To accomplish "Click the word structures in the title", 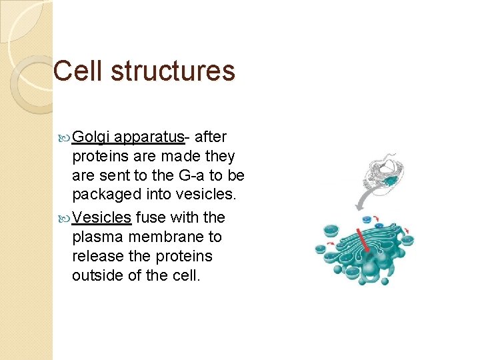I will click(x=173, y=71).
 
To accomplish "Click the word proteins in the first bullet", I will click(x=97, y=157).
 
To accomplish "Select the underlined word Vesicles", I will click(x=101, y=217).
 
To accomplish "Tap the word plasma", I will click(x=96, y=237).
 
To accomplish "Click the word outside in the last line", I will click(x=95, y=275).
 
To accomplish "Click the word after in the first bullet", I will click(x=212, y=137).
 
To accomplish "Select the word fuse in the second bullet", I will click(x=151, y=217).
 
